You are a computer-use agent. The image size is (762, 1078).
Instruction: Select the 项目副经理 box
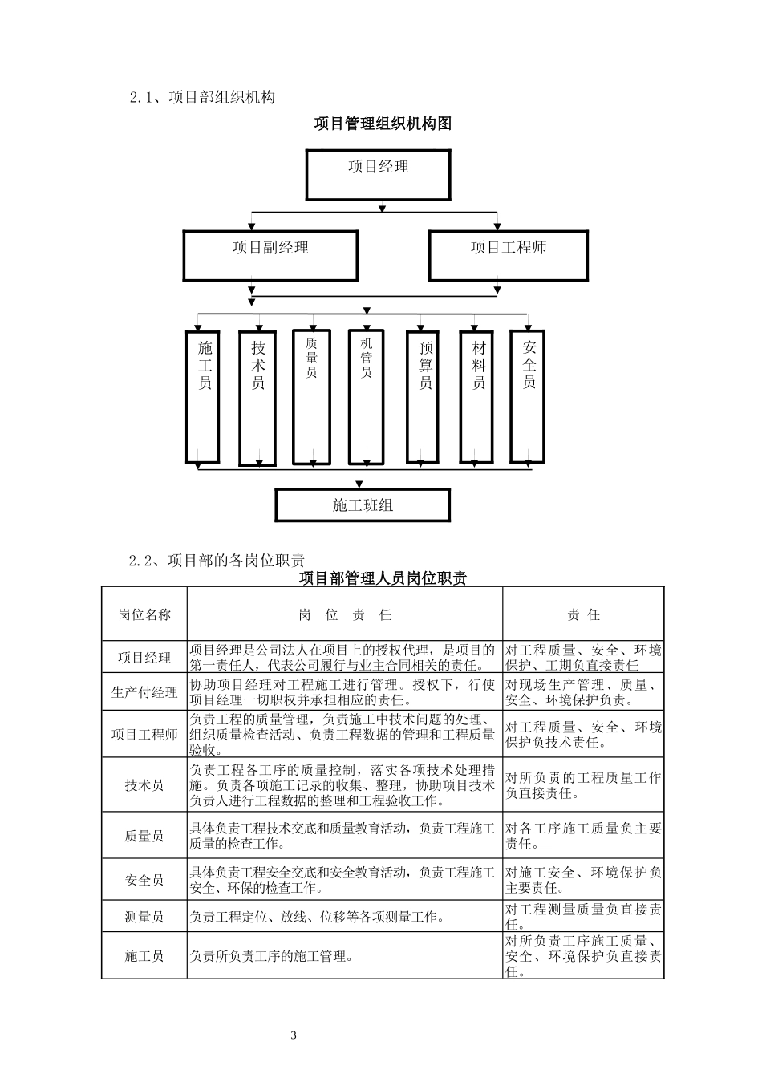[270, 255]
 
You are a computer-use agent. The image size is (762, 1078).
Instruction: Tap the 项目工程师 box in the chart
[508, 255]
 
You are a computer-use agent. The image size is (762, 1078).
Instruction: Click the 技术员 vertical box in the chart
[258, 395]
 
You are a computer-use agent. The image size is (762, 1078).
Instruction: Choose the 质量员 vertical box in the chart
[311, 395]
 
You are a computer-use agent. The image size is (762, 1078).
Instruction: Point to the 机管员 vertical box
[366, 395]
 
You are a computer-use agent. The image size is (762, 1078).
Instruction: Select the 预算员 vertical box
[424, 395]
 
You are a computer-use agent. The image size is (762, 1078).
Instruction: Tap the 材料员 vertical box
[478, 395]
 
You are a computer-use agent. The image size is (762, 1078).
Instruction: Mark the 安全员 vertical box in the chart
[528, 395]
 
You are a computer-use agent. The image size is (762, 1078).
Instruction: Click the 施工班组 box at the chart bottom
[363, 505]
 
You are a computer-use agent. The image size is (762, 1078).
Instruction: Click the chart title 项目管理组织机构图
[383, 124]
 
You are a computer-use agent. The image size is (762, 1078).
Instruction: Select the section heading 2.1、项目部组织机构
[202, 97]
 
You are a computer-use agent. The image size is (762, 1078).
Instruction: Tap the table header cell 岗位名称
[144, 614]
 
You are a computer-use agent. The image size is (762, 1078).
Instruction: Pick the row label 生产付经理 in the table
[144, 692]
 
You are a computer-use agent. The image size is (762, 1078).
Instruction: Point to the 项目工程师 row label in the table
[144, 735]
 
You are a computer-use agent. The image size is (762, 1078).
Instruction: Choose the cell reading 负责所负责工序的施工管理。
[272, 956]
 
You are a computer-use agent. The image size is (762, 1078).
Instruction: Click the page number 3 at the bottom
[294, 1035]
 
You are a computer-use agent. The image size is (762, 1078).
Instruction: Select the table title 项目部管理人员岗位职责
[383, 578]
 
